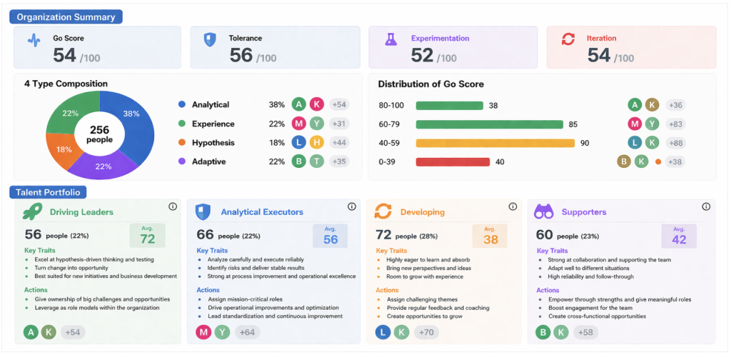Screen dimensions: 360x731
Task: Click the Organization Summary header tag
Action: click(x=66, y=16)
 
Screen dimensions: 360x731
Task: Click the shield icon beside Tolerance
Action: click(x=210, y=40)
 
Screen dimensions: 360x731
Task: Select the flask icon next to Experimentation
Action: click(x=390, y=40)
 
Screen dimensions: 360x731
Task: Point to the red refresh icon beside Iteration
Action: click(x=568, y=40)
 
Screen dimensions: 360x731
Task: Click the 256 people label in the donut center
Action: click(x=100, y=134)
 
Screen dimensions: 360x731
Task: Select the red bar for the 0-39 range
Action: click(x=453, y=162)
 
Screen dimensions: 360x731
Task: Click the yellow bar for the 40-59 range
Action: click(x=495, y=143)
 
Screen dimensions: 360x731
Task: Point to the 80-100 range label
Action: click(x=391, y=106)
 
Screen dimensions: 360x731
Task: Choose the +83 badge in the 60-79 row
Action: click(x=675, y=124)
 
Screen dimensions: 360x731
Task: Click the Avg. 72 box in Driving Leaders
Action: click(x=147, y=235)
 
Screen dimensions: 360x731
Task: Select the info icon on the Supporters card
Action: click(x=706, y=206)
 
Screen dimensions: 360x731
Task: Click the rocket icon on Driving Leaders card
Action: click(x=32, y=211)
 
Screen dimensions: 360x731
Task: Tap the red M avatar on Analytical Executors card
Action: click(x=203, y=332)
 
